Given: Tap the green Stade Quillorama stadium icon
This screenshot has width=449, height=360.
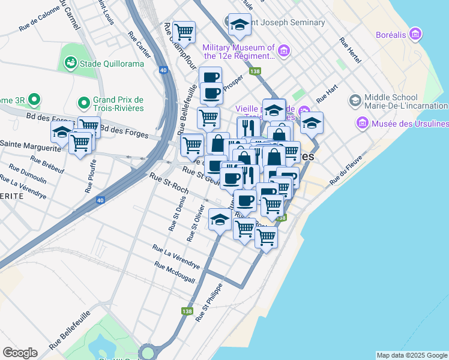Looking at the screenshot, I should click(70, 62).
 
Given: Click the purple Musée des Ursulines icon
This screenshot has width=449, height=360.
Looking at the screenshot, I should click(362, 124).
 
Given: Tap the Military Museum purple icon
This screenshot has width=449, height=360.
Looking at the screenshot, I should click(284, 51).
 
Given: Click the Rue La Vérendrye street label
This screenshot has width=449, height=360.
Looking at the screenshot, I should click(176, 256).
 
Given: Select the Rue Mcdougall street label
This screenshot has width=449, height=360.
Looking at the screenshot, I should click(174, 273).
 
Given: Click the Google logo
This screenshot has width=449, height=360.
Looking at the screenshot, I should click(20, 353).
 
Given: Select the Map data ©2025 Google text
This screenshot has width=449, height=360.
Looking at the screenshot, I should click(412, 355).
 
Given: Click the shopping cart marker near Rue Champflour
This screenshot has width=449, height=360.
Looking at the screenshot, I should click(183, 31).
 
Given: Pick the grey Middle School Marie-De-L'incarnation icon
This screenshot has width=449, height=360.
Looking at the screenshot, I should click(354, 100).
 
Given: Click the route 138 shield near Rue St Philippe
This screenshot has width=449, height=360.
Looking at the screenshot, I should click(187, 311).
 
